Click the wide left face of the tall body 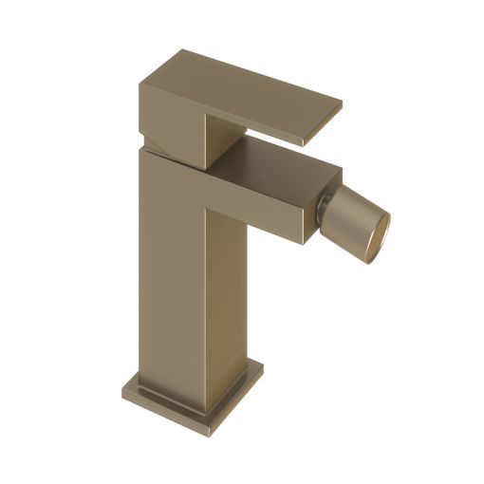click(171, 266)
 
